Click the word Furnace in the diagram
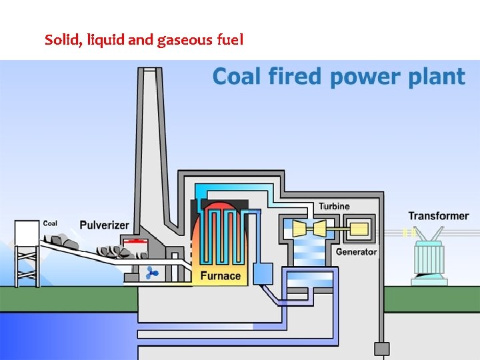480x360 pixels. coord(220,275)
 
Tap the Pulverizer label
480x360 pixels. coord(104,225)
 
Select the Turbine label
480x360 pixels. coord(333,206)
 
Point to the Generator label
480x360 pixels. coord(356,251)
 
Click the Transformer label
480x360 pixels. coord(438,216)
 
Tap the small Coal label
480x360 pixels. coord(50,223)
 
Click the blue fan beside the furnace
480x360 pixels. coord(153,272)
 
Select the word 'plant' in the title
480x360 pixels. coord(434,77)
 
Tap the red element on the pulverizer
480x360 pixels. coord(137,241)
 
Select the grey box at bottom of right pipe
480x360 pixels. coord(381,349)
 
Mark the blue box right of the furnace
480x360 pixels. coord(263,273)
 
